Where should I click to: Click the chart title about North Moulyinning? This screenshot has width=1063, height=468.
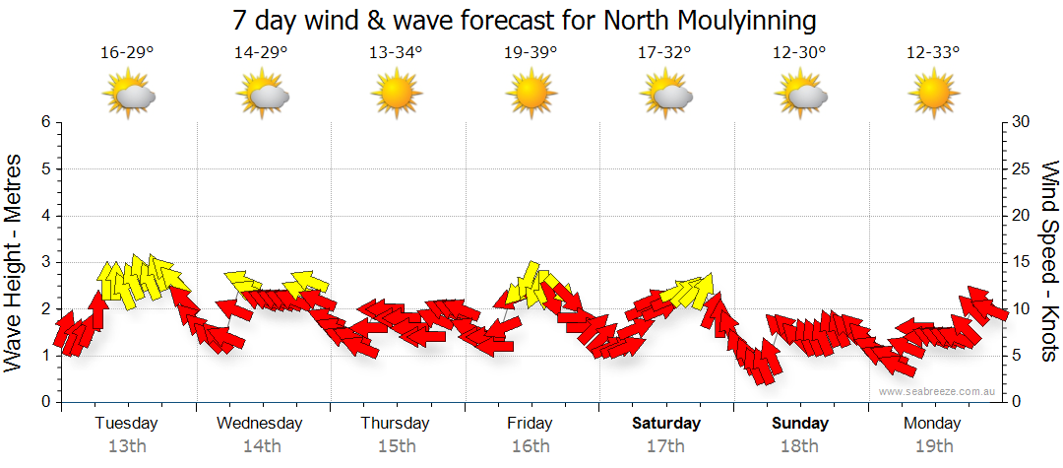pos(525,20)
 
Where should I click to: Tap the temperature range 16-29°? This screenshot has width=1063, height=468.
pos(127,53)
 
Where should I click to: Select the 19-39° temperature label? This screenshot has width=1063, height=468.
pos(531,53)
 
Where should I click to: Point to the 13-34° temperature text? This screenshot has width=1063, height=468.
pos(396,53)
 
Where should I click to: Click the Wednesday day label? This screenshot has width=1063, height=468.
pos(260,424)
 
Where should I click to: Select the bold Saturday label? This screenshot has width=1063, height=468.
pos(665,424)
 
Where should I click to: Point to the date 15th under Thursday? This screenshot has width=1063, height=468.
pos(395,446)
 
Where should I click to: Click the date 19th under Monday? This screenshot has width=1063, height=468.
pos(933,446)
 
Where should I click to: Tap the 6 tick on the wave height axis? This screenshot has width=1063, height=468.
pos(44,122)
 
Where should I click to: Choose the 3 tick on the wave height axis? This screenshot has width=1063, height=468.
pos(44,262)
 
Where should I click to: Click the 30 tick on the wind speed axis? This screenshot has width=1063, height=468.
pos(1022,122)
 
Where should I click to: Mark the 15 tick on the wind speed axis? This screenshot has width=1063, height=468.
pos(1022,262)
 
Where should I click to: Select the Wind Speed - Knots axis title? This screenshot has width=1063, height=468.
pos(1049,261)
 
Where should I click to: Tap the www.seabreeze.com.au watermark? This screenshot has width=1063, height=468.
pos(938,391)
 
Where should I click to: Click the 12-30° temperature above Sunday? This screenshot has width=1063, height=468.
pos(799,53)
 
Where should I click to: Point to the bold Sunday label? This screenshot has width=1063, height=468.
pos(799,424)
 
